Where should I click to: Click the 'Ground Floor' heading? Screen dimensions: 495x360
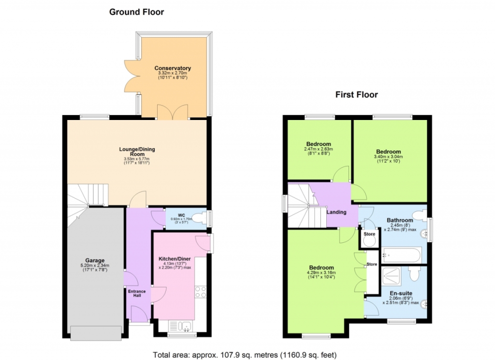(136, 12)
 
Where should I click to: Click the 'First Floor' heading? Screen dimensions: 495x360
(356, 94)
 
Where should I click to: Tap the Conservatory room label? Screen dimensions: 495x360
(173, 68)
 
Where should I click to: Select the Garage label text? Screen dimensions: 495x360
(95, 261)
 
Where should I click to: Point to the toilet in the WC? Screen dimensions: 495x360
(200, 218)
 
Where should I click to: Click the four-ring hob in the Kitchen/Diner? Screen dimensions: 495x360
(201, 292)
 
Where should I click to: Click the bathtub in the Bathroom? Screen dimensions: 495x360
(402, 255)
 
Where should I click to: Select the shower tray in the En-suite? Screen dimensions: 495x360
(391, 276)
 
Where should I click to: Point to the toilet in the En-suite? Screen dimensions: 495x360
(414, 274)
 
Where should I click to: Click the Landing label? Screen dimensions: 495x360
(336, 212)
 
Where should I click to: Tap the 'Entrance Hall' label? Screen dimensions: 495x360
(137, 293)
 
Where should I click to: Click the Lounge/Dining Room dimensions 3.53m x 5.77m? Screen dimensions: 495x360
(137, 159)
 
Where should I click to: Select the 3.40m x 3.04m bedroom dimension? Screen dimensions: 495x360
(388, 156)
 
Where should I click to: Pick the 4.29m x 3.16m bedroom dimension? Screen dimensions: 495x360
(321, 272)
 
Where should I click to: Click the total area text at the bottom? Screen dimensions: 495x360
(245, 355)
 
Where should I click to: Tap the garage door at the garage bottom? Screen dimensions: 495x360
(96, 333)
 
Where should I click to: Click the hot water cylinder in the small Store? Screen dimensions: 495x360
(369, 241)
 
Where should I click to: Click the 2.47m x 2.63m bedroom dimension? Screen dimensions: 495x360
(319, 149)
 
